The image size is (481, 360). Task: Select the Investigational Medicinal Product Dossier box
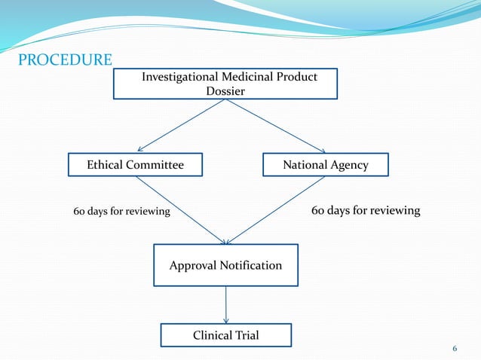225,84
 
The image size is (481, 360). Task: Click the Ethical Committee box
135,165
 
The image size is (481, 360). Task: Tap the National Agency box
325,165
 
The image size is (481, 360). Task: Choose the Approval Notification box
225,265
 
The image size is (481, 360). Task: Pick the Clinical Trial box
225,335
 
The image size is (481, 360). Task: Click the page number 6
455,348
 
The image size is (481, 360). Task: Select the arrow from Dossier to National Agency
276,126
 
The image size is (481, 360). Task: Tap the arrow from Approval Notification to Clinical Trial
225,305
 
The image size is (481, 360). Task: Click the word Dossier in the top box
225,91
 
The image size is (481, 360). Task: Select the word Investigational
180,77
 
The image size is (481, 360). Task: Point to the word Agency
350,165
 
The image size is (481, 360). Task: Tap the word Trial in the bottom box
245,335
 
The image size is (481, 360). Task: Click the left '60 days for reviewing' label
121,212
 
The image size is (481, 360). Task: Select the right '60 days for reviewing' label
366,210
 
